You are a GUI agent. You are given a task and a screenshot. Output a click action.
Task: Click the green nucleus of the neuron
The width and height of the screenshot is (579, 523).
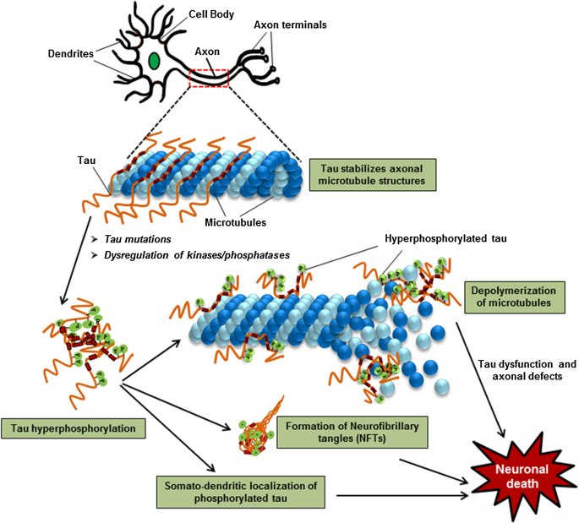click(x=154, y=61)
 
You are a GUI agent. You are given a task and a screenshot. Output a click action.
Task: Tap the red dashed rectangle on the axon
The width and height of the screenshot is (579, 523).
click(x=209, y=70)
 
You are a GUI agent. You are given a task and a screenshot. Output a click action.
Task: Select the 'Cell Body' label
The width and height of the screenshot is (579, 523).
click(x=211, y=14)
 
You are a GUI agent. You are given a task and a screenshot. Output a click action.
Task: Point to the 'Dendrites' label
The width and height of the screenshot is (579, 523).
click(x=70, y=54)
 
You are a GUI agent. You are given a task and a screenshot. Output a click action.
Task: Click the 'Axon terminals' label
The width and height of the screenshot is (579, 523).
click(x=290, y=25)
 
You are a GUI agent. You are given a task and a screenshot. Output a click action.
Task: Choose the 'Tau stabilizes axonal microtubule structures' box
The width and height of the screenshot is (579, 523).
click(x=372, y=175)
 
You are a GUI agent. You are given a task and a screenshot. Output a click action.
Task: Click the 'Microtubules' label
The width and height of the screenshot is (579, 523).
click(x=235, y=222)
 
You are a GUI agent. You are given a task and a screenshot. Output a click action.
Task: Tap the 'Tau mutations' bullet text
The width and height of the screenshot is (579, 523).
click(x=138, y=239)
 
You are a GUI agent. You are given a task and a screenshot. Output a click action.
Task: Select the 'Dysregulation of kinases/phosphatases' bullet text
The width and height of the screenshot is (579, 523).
click(x=197, y=255)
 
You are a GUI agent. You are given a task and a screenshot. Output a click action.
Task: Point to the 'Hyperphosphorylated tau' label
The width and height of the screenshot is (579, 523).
click(x=445, y=239)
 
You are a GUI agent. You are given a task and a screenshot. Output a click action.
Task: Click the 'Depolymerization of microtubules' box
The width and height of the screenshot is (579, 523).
click(x=515, y=297)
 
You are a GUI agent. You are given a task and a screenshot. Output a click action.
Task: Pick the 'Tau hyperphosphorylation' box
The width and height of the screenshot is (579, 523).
click(x=73, y=428)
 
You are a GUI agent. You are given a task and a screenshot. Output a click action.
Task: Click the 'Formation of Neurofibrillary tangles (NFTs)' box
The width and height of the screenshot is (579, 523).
click(x=352, y=433)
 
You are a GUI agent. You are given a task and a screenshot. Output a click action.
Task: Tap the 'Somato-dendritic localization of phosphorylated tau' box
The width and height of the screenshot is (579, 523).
click(x=241, y=492)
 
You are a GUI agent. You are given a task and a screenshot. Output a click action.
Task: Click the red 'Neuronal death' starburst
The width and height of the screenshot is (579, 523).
click(x=522, y=477)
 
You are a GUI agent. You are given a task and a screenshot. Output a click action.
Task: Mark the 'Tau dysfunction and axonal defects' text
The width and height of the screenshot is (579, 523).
click(x=527, y=370)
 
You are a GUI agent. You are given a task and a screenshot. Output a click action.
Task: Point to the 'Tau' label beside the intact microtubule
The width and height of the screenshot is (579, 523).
click(x=86, y=161)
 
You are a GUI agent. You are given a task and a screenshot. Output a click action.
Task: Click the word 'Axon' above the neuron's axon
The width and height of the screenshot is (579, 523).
click(x=207, y=52)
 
